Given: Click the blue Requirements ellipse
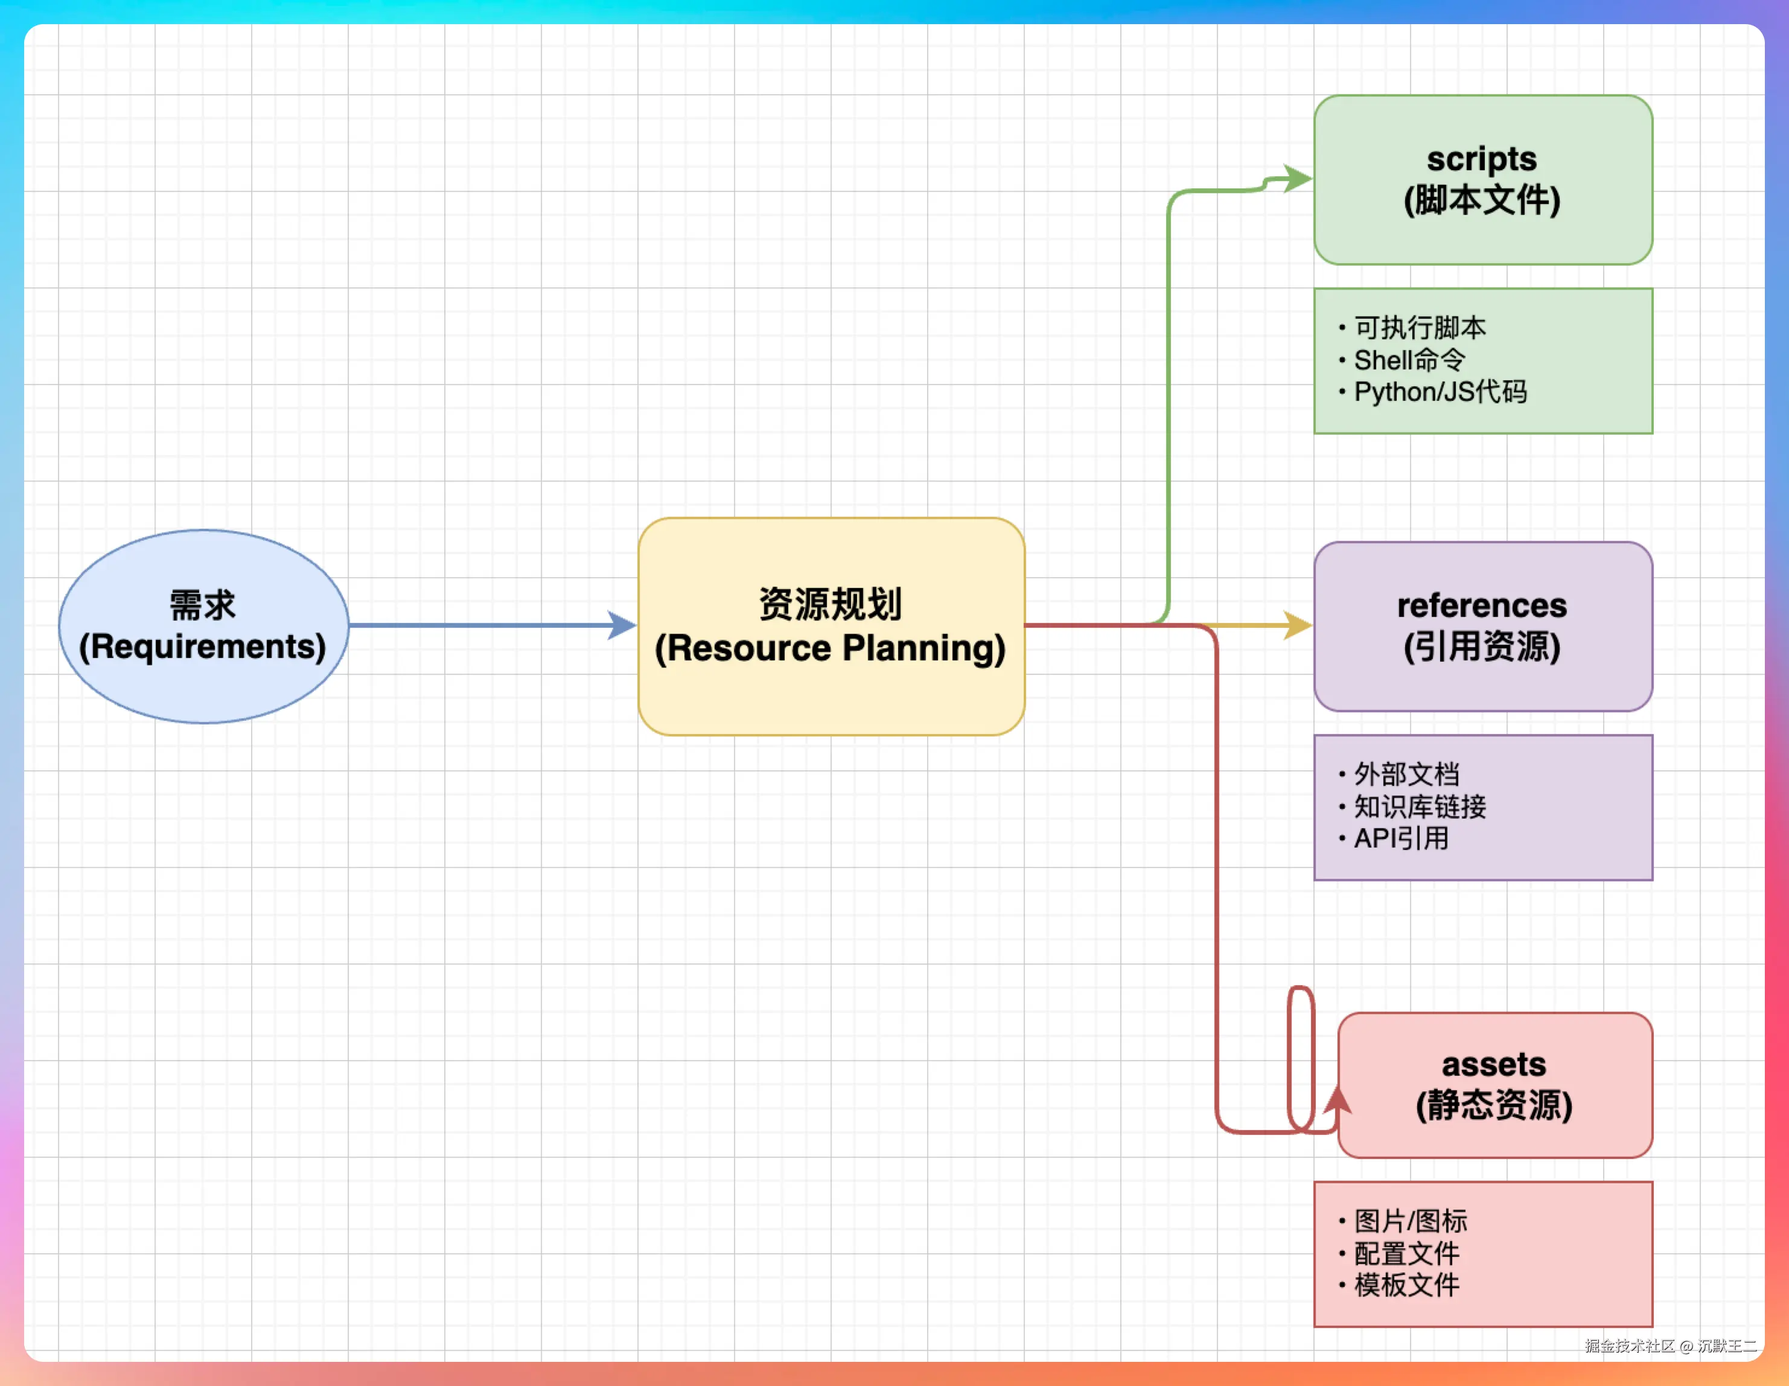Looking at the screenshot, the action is pos(204,627).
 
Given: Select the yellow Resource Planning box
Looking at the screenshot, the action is pos(832,627).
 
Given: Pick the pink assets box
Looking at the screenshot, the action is pos(1496,1085).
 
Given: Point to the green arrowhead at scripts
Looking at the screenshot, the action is pos(1298,179).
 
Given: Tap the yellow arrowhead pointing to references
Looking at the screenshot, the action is pos(1298,626).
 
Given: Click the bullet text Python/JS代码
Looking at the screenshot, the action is pos(1441,392).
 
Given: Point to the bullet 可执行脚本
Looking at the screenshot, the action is pos(1420,328).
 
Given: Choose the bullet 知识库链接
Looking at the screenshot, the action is pos(1420,807).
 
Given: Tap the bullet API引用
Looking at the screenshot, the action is pos(1402,839).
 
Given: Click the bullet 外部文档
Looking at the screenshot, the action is pos(1406,774).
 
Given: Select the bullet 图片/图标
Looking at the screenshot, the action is pos(1411,1221).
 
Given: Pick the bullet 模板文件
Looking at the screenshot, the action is pos(1406,1285).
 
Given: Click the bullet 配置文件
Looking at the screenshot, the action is pos(1406,1253).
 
